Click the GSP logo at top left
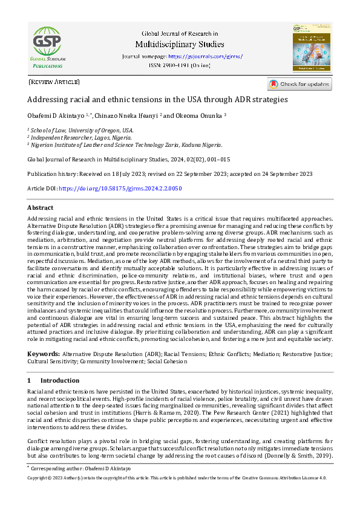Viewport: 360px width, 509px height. click(46, 47)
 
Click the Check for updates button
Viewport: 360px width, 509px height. click(299, 84)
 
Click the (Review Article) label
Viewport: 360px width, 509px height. click(54, 82)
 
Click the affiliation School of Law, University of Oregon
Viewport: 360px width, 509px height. click(82, 130)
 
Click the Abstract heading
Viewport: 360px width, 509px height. click(40, 207)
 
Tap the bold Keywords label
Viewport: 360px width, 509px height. click(44, 353)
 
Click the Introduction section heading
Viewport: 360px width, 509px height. click(59, 380)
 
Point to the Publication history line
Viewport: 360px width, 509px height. click(170, 173)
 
